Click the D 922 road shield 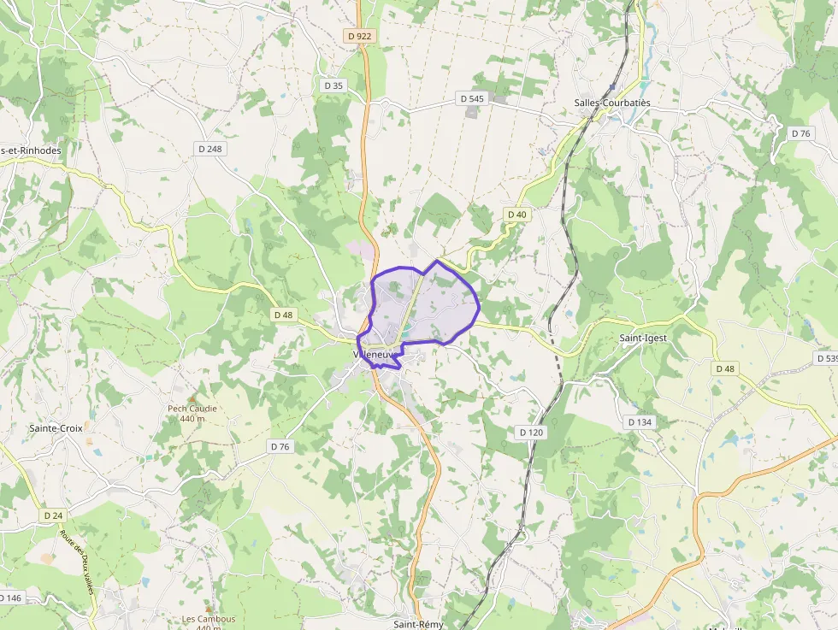tap(360, 36)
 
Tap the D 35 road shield tap(333, 85)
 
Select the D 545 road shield tap(472, 99)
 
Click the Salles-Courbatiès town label tap(612, 103)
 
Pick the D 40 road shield tap(516, 214)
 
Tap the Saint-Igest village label tap(643, 338)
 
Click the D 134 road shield tap(640, 422)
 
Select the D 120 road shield tap(531, 433)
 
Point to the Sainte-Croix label tap(56, 427)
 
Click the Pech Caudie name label tap(192, 409)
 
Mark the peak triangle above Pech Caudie tap(192, 398)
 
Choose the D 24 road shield tap(53, 515)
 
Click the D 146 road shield tap(10, 598)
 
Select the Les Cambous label tap(209, 619)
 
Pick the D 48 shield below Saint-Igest tap(724, 368)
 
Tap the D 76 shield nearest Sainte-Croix tap(280, 446)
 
